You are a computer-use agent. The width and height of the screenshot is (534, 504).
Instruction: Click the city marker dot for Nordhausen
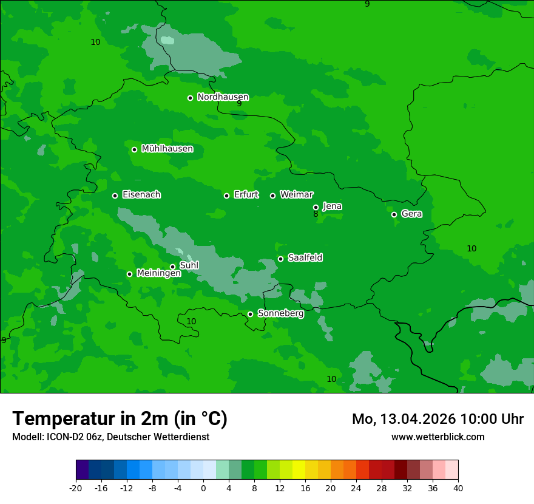pyautogui.click(x=190, y=98)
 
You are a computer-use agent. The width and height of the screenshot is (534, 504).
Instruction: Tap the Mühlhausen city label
pyautogui.click(x=167, y=149)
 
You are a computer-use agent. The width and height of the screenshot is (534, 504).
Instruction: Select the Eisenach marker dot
pyautogui.click(x=115, y=196)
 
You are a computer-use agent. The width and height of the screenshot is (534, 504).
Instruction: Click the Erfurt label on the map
pyautogui.click(x=246, y=195)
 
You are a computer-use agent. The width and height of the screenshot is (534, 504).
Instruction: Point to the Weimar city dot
pyautogui.click(x=272, y=196)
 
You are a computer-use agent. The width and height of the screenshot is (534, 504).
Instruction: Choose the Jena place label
pyautogui.click(x=332, y=206)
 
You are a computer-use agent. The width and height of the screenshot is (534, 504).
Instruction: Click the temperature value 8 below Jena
pyautogui.click(x=316, y=214)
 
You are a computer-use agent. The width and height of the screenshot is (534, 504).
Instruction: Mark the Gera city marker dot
pyautogui.click(x=394, y=214)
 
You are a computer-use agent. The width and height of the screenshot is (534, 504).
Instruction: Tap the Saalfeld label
pyautogui.click(x=305, y=258)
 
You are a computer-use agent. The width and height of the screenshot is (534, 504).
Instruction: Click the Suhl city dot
pyautogui.click(x=172, y=267)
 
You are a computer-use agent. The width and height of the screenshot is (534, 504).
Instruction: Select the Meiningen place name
pyautogui.click(x=158, y=273)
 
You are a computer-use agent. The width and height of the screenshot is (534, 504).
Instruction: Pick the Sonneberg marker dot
pyautogui.click(x=250, y=314)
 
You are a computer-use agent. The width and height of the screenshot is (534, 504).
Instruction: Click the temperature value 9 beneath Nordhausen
pyautogui.click(x=239, y=104)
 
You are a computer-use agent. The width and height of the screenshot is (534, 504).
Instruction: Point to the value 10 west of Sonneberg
pyautogui.click(x=191, y=321)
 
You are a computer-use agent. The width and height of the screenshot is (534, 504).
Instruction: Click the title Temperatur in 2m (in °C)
pyautogui.click(x=120, y=418)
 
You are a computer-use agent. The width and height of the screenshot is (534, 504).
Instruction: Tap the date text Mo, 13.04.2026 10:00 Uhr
pyautogui.click(x=438, y=419)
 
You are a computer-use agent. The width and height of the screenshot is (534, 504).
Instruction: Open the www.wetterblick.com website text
pyautogui.click(x=438, y=437)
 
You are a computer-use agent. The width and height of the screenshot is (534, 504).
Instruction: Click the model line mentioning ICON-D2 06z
pyautogui.click(x=110, y=437)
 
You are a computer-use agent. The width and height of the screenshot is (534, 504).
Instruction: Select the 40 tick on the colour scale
pyautogui.click(x=458, y=488)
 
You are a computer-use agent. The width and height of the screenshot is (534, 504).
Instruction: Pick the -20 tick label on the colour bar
pyautogui.click(x=76, y=488)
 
